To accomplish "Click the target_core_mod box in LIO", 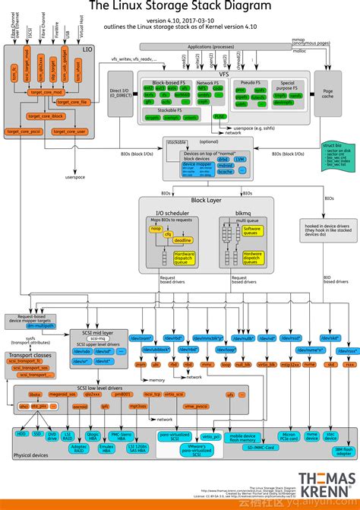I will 45,92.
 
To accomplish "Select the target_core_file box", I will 73,101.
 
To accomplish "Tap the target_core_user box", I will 69,132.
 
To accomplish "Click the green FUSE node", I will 219,116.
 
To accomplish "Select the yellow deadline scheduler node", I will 182,239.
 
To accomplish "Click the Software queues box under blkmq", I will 252,231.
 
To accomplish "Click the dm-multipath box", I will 36,325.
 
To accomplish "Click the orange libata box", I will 36,395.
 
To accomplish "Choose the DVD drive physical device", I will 52,436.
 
